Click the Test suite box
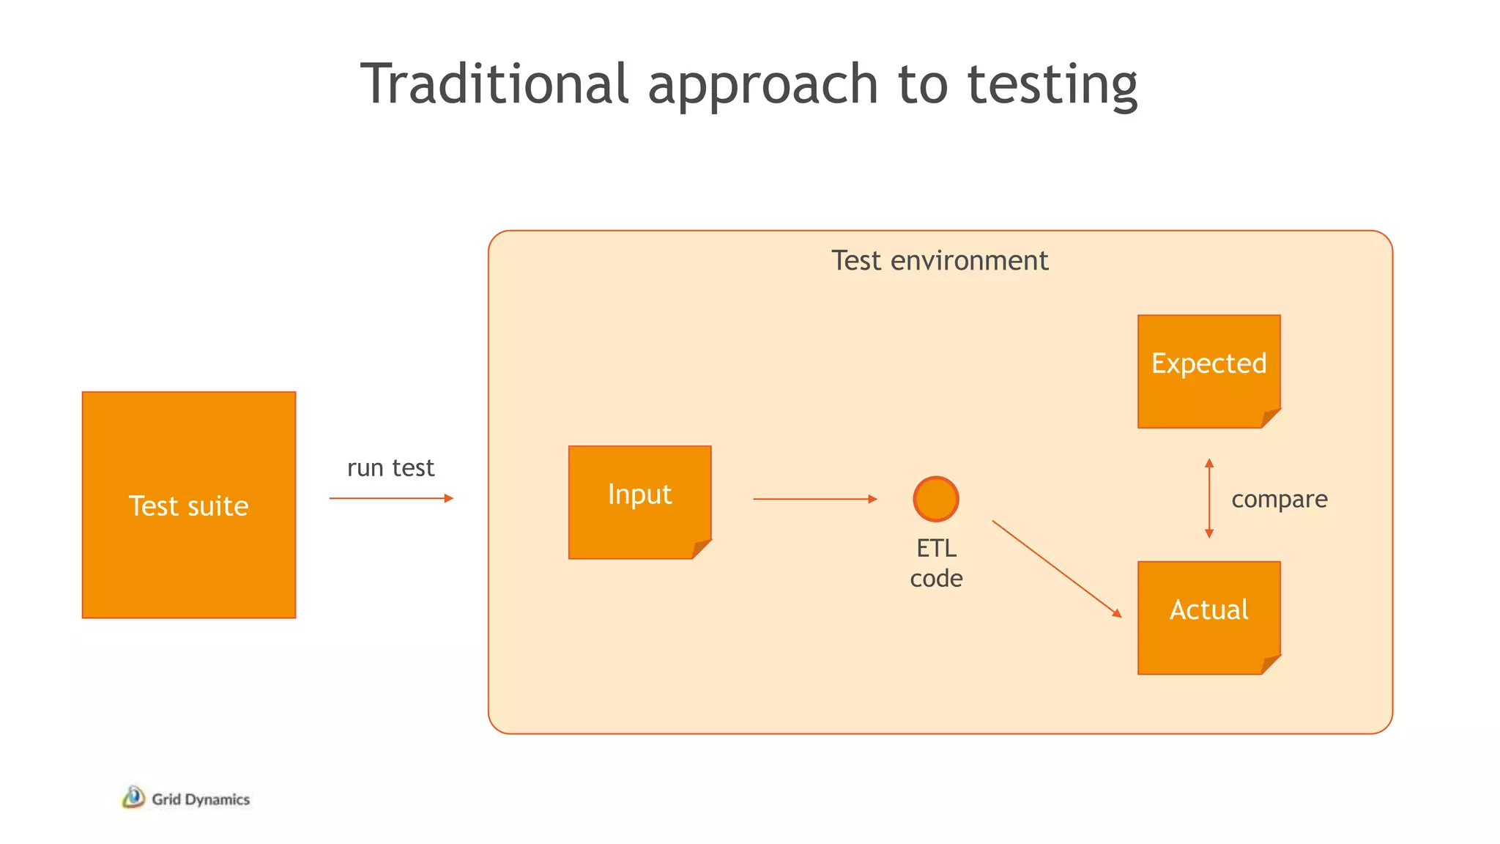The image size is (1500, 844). coord(189,505)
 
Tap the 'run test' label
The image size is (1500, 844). coord(390,467)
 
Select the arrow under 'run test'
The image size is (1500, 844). coord(391,498)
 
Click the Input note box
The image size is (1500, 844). coord(639,502)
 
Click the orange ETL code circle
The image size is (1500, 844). coord(936,499)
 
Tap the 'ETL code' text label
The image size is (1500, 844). coord(936,563)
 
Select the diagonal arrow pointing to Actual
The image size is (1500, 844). coord(1056,569)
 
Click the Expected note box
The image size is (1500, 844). coord(1208,371)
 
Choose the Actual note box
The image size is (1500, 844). coord(1208,617)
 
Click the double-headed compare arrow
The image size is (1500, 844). coord(1209,499)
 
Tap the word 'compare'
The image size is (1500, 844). coord(1279,499)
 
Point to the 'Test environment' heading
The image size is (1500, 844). coord(940,261)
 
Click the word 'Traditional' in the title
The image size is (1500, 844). coord(494,84)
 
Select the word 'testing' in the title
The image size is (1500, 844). coord(1052,85)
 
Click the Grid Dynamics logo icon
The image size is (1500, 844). coord(133,797)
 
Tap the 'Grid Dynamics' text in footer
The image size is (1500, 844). coord(201,799)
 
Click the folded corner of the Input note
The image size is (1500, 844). coord(701,549)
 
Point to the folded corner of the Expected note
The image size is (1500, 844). coord(1270,418)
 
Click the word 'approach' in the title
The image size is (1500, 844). coord(762,85)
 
